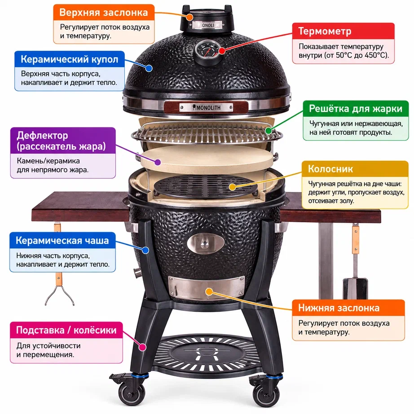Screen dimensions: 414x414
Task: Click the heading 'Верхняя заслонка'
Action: [x=103, y=13]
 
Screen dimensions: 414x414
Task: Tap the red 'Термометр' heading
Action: [x=325, y=31]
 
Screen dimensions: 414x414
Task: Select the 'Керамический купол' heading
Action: [x=70, y=59]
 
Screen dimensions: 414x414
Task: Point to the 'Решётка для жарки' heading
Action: [x=356, y=109]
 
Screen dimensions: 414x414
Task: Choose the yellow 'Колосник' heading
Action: [x=330, y=169]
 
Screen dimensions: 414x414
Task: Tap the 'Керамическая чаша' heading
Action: [x=62, y=241]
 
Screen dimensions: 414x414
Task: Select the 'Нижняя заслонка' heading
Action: [x=339, y=308]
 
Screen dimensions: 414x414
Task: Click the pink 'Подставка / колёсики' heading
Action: [x=66, y=330]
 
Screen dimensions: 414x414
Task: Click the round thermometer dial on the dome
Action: [x=208, y=50]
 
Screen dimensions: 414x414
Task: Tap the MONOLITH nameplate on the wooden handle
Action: [x=206, y=107]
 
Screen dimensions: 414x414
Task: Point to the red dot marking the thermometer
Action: [x=222, y=51]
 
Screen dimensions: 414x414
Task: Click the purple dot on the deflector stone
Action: [x=158, y=162]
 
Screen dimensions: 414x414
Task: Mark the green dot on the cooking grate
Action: [x=269, y=130]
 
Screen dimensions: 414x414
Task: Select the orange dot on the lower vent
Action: [x=209, y=291]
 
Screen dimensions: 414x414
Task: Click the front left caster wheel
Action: [x=131, y=393]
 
